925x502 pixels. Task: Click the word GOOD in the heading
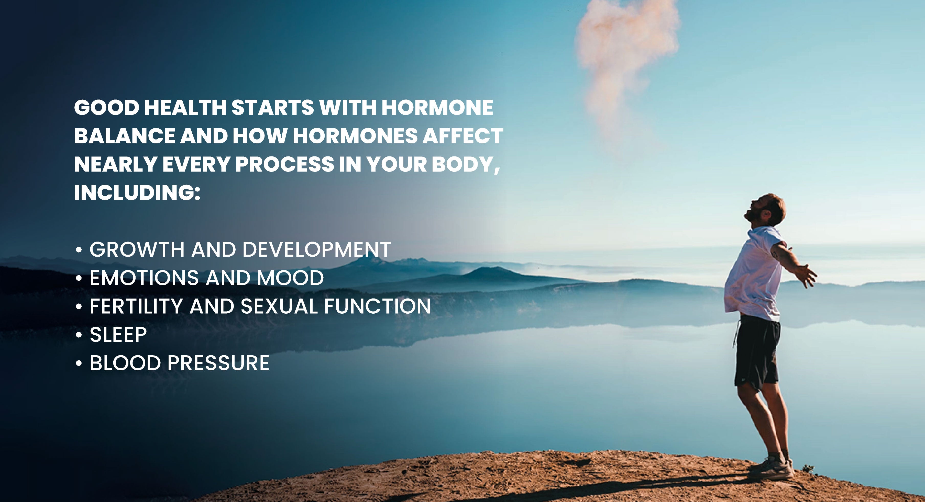point(107,107)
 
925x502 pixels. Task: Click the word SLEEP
point(118,334)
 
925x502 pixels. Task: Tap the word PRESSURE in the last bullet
point(218,362)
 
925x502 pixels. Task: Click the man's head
point(766,210)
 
